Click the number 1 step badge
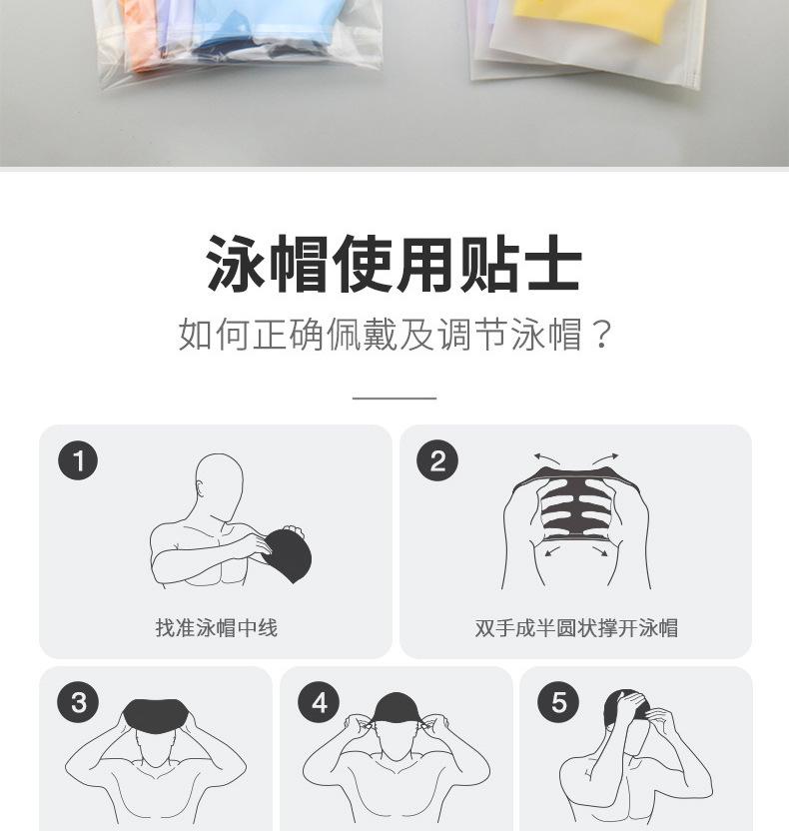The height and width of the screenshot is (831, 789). [78, 461]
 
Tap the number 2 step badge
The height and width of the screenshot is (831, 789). [437, 461]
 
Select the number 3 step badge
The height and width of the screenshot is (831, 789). [78, 703]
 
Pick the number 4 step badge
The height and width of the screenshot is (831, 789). [319, 703]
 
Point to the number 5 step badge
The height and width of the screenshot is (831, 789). [558, 703]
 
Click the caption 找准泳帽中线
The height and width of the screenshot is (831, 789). [216, 628]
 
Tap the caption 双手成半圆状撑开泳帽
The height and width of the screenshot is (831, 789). [576, 628]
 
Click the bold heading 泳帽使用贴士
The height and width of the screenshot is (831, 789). [394, 265]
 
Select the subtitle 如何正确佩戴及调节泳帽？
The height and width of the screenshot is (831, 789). [394, 335]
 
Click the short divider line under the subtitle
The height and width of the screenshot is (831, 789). [394, 398]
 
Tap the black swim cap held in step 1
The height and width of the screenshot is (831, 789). [289, 556]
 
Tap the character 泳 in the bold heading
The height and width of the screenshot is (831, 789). [238, 265]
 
